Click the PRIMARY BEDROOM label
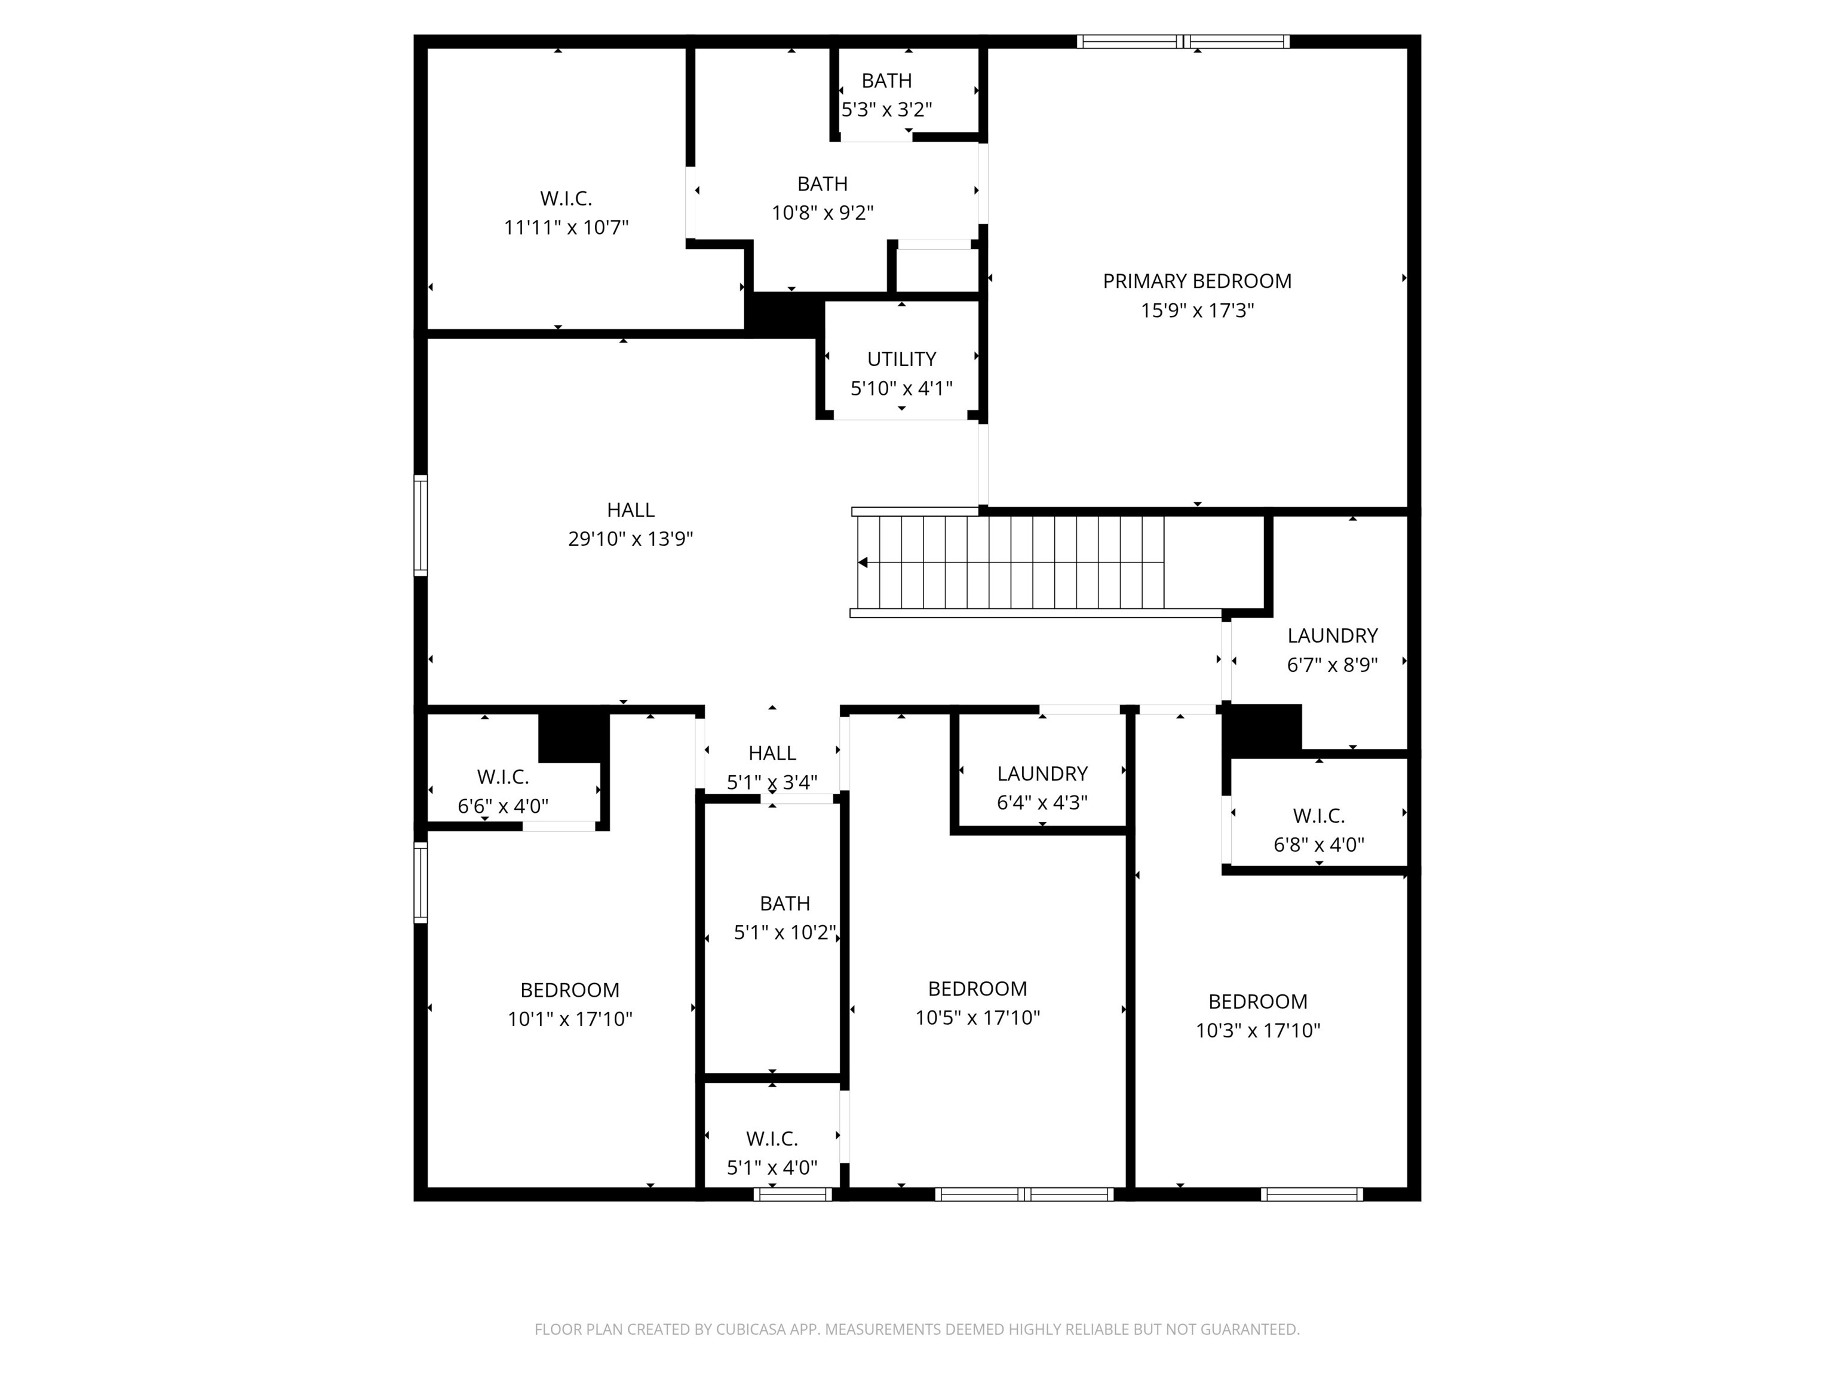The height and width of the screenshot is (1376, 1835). click(1196, 281)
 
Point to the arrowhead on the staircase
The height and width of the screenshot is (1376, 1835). click(863, 563)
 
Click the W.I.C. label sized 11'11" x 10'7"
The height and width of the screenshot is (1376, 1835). click(566, 198)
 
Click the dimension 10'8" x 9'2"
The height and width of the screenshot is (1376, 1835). click(822, 213)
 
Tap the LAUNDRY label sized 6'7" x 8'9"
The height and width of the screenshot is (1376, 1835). click(1332, 635)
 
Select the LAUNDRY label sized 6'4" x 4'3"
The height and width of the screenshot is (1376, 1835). click(1042, 774)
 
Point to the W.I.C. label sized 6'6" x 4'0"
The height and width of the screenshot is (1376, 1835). click(503, 777)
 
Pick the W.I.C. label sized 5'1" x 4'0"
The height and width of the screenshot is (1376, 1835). click(772, 1139)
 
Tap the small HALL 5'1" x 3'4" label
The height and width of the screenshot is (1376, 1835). click(772, 753)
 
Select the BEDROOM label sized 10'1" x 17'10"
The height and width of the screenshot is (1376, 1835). click(569, 990)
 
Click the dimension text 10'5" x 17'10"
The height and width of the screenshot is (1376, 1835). click(977, 1018)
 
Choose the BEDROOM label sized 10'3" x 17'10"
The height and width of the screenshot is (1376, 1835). click(1257, 1002)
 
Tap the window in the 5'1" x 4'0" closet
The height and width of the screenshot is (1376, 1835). click(792, 1194)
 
